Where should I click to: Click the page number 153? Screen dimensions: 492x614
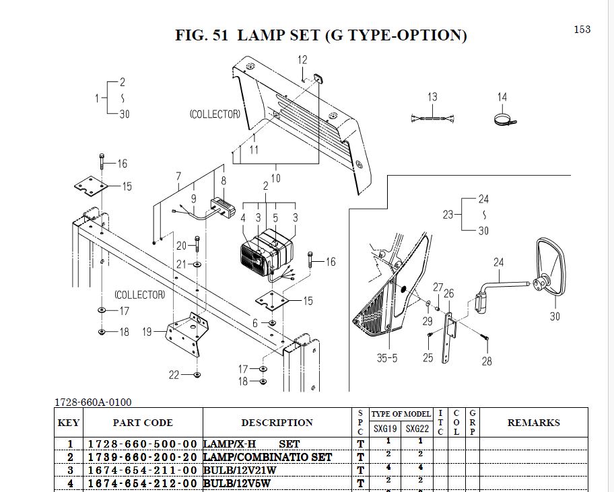click(x=582, y=29)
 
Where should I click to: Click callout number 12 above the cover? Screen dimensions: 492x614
click(x=302, y=60)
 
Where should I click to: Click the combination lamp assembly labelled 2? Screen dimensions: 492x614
click(x=267, y=252)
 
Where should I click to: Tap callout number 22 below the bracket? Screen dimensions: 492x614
click(x=174, y=375)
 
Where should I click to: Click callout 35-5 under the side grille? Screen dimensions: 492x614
click(x=386, y=358)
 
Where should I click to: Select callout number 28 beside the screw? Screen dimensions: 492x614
click(x=487, y=361)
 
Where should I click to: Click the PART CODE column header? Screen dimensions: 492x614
click(x=142, y=423)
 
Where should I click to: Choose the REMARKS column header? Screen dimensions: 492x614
click(x=533, y=423)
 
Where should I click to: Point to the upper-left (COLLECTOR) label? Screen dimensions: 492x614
click(x=215, y=114)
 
